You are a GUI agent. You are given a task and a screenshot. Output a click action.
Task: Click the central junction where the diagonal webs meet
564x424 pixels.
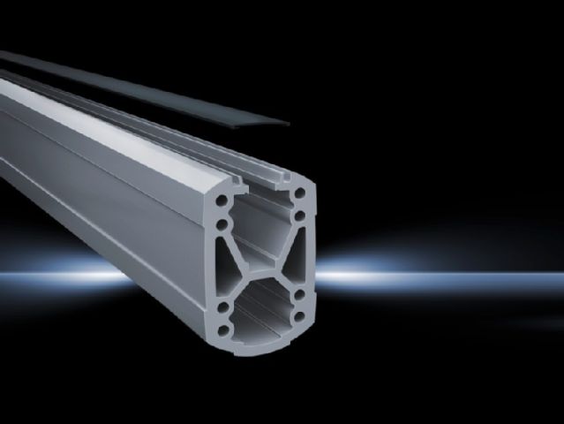262,264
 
